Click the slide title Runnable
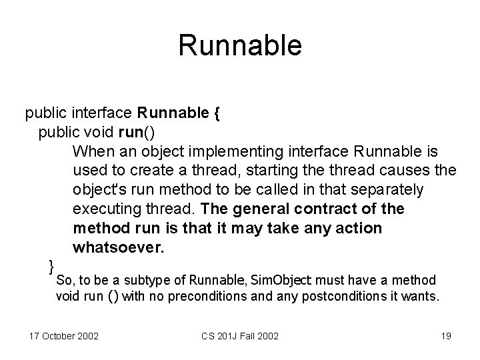click(x=240, y=45)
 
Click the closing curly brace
click(x=51, y=267)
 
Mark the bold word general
click(x=250, y=209)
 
